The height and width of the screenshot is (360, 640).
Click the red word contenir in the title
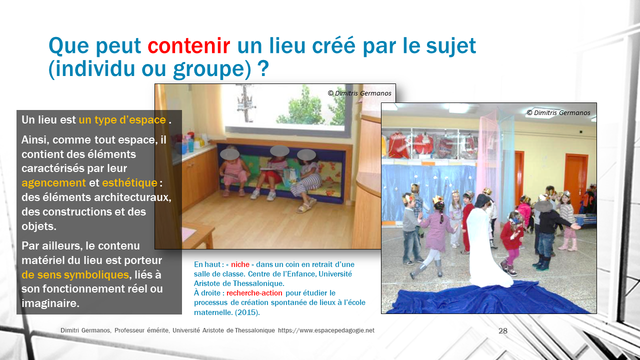pos(188,45)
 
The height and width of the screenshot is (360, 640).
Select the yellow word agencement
pos(53,183)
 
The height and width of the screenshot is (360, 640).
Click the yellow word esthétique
pos(129,183)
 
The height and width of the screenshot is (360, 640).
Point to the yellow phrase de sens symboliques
pos(75,275)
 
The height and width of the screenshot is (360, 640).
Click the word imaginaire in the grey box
pos(50,303)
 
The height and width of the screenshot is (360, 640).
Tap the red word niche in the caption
pos(240,264)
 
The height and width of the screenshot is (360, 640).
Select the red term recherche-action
pos(254,293)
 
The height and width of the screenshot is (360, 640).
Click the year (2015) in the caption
pos(247,312)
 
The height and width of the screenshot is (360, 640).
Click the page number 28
pos(503,331)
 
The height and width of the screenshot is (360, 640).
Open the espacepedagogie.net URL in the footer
pos(326,330)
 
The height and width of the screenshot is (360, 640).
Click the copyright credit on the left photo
pos(359,93)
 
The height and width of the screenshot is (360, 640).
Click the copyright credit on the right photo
pos(558,113)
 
